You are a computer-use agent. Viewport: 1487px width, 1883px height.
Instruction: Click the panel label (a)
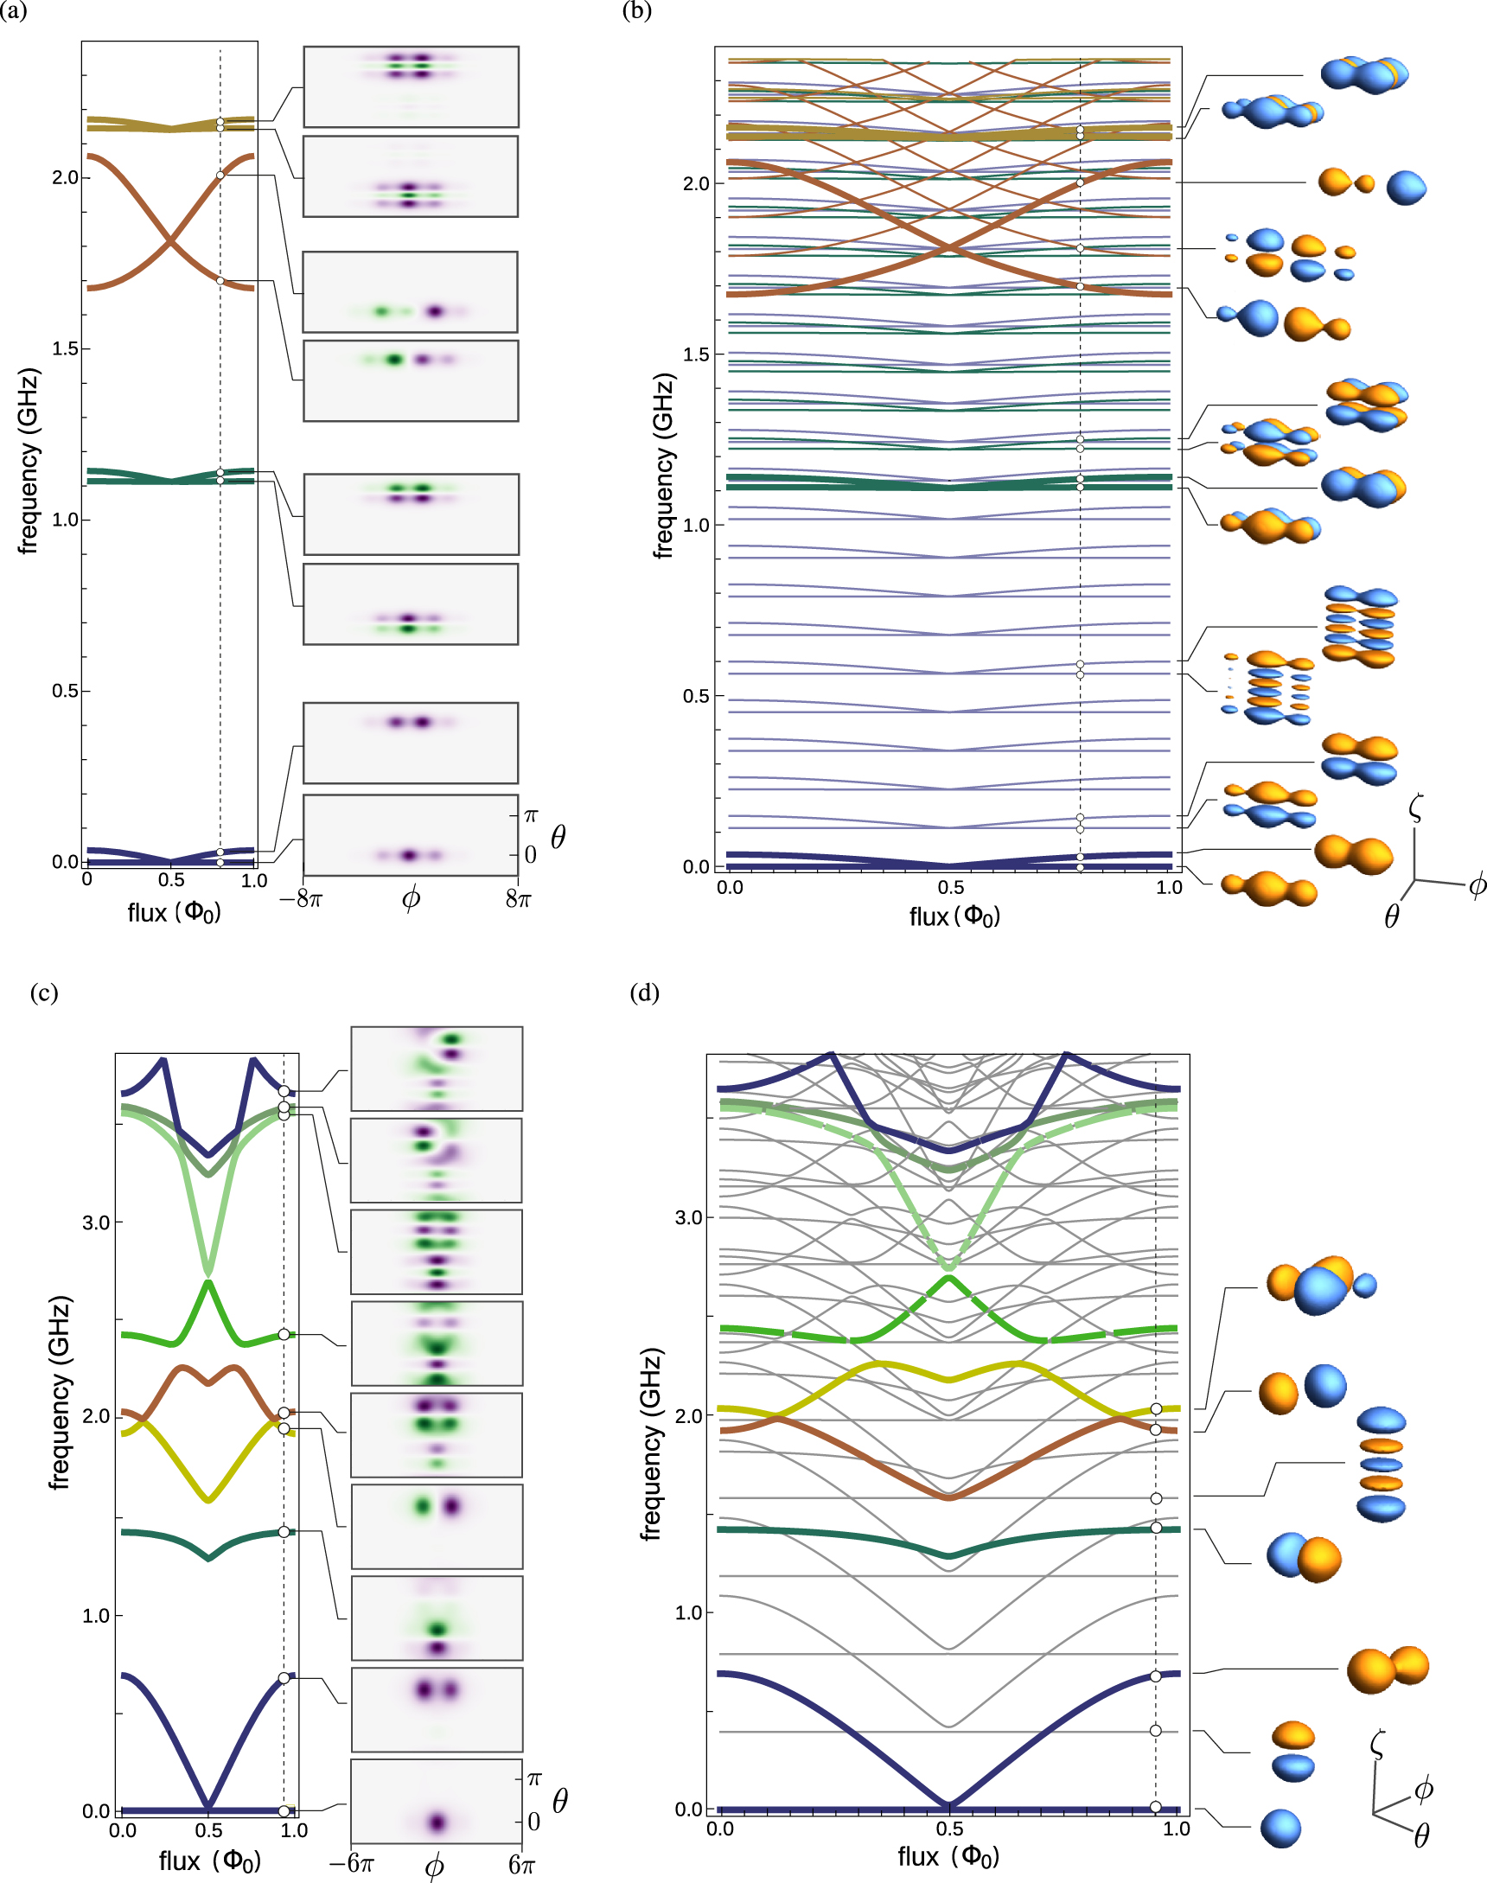tap(12, 11)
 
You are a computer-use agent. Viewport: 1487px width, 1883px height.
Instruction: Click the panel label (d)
tap(644, 993)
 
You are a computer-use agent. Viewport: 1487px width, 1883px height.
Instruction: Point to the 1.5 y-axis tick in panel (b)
tap(697, 354)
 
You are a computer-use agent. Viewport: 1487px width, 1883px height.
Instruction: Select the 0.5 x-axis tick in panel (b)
tap(951, 887)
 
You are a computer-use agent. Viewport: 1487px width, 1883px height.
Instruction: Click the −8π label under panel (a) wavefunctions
tap(301, 898)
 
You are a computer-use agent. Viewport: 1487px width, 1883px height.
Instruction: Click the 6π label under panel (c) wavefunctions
tap(521, 1864)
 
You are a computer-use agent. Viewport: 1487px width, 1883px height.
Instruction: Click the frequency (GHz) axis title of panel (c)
tap(59, 1393)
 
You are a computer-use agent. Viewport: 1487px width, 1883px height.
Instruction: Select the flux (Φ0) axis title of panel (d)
tap(948, 1857)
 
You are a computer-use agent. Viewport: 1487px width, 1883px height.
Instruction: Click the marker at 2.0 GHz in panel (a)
tap(220, 176)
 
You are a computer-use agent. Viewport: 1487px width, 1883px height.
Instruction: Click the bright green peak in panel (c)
tap(207, 1283)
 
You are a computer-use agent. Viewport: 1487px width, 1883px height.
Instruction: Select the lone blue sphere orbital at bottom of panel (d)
tap(1280, 1829)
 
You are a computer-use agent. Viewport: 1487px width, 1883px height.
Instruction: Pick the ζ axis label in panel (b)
tap(1415, 807)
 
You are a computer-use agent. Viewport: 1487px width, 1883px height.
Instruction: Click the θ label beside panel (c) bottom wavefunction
tap(560, 1800)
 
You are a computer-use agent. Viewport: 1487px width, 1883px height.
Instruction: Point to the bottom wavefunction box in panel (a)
tap(410, 834)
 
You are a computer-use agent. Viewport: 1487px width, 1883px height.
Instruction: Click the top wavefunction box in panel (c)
tap(437, 1069)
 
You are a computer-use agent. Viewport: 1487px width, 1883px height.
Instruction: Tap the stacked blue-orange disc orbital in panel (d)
tap(1382, 1465)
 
